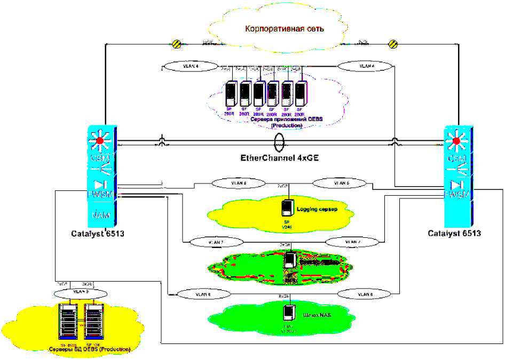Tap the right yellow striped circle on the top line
click(393, 44)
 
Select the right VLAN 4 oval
click(367, 67)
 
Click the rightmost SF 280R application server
click(302, 94)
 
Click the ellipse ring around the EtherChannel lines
click(279, 142)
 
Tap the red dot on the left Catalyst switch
click(99, 142)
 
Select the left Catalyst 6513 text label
click(98, 233)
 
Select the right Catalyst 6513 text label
click(455, 233)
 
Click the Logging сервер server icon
click(288, 207)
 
